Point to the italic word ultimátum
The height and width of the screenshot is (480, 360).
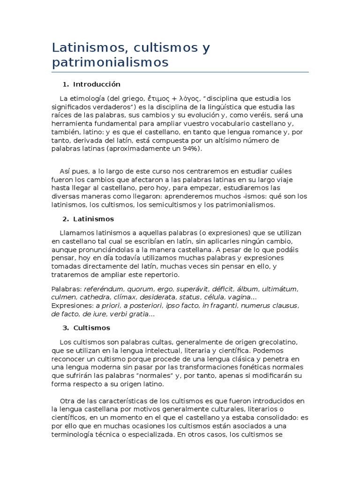pos(279,289)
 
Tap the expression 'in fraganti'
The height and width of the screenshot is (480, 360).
pos(220,306)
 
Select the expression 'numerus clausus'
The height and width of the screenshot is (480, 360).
pos(270,306)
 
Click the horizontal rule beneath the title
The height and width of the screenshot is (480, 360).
pos(180,72)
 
